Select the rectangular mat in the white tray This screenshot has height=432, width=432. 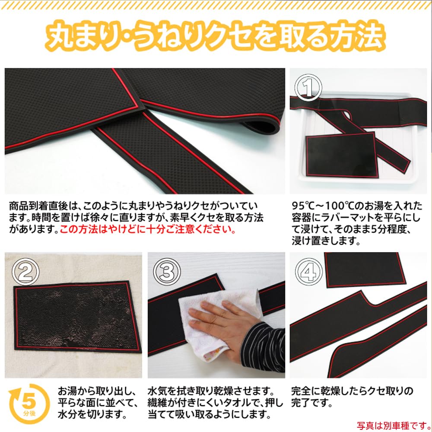pyautogui.click(x=341, y=153)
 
